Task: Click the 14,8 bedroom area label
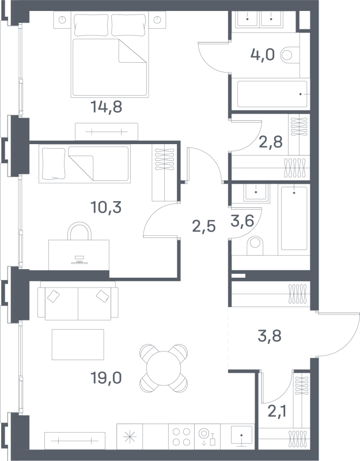click(107, 107)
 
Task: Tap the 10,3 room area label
click(106, 207)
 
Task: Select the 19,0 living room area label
click(106, 378)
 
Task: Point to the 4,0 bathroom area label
click(263, 55)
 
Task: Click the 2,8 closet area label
click(271, 142)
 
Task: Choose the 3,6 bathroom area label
click(242, 221)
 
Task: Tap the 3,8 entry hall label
click(270, 336)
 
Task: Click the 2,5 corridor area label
click(204, 226)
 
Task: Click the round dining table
click(164, 368)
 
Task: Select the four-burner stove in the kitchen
click(181, 437)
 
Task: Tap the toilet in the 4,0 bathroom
click(290, 55)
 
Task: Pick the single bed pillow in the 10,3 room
click(54, 164)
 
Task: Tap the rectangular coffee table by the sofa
click(78, 344)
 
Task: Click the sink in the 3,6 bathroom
click(256, 192)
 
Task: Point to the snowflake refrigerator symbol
click(130, 437)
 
